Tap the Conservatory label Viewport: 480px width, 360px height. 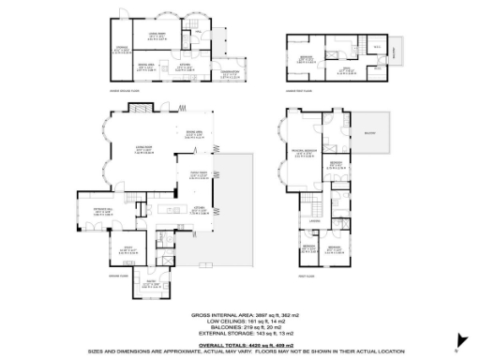229,74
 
